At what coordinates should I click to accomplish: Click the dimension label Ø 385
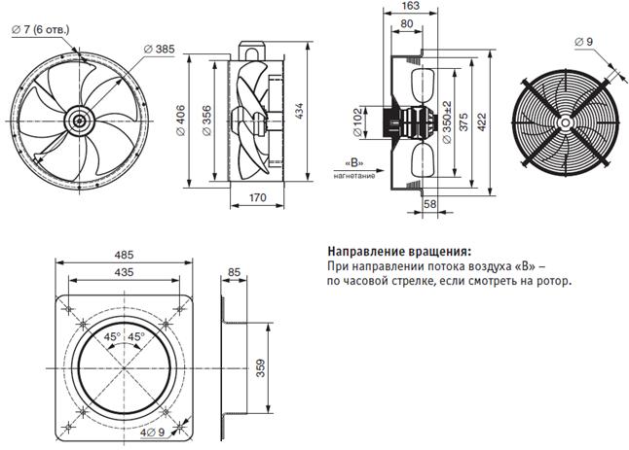pyautogui.click(x=160, y=50)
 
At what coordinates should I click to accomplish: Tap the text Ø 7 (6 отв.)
pyautogui.click(x=41, y=29)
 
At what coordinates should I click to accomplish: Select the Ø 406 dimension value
pyautogui.click(x=181, y=121)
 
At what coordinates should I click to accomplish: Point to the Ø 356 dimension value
pyautogui.click(x=206, y=121)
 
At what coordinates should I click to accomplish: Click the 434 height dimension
pyautogui.click(x=299, y=112)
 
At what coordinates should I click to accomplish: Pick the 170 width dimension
pyautogui.click(x=257, y=197)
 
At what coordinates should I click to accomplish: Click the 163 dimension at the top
pyautogui.click(x=410, y=6)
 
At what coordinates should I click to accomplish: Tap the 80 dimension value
pyautogui.click(x=407, y=24)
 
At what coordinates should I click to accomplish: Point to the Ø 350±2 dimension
pyautogui.click(x=447, y=122)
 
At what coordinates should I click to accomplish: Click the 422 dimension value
pyautogui.click(x=482, y=122)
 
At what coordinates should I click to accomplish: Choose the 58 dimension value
pyautogui.click(x=429, y=204)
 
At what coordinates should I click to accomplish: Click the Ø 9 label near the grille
pyautogui.click(x=583, y=42)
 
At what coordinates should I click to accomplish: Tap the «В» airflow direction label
pyautogui.click(x=354, y=163)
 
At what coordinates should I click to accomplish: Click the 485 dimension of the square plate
pyautogui.click(x=124, y=255)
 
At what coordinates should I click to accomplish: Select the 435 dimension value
pyautogui.click(x=124, y=272)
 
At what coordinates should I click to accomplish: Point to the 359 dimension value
pyautogui.click(x=260, y=368)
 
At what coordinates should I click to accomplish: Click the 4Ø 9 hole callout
pyautogui.click(x=153, y=433)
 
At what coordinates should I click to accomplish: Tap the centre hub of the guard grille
pyautogui.click(x=564, y=122)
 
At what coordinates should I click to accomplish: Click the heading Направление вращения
pyautogui.click(x=399, y=252)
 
